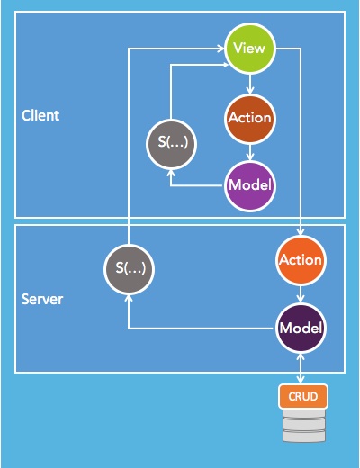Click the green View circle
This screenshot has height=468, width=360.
(248, 49)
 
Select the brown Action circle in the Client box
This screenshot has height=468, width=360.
(248, 118)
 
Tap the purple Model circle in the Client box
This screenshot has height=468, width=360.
(248, 185)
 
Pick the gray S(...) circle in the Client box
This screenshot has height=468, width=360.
(171, 144)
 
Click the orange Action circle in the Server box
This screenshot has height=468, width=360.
(300, 260)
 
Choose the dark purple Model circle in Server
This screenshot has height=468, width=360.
(300, 328)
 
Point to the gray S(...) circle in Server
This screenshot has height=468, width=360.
(129, 267)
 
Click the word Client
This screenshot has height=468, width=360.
(40, 116)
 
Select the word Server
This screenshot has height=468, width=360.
(42, 299)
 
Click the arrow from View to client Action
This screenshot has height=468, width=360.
(248, 83)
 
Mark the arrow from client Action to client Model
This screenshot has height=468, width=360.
(248, 151)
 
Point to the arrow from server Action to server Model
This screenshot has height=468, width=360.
(300, 294)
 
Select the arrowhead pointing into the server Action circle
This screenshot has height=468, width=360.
(300, 231)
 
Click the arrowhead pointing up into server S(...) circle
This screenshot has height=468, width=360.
(129, 296)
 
